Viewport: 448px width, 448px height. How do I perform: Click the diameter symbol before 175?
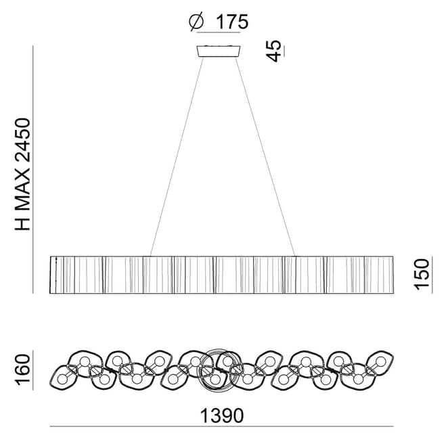tap(196, 21)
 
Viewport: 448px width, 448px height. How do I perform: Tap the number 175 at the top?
tap(232, 22)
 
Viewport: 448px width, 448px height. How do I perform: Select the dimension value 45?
tap(273, 51)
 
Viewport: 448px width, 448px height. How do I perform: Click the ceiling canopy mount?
tap(219, 51)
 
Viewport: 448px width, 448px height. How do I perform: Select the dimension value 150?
tap(422, 274)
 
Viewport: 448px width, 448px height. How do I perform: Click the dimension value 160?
tap(22, 369)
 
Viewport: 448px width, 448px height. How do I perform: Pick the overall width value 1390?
tap(222, 416)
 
